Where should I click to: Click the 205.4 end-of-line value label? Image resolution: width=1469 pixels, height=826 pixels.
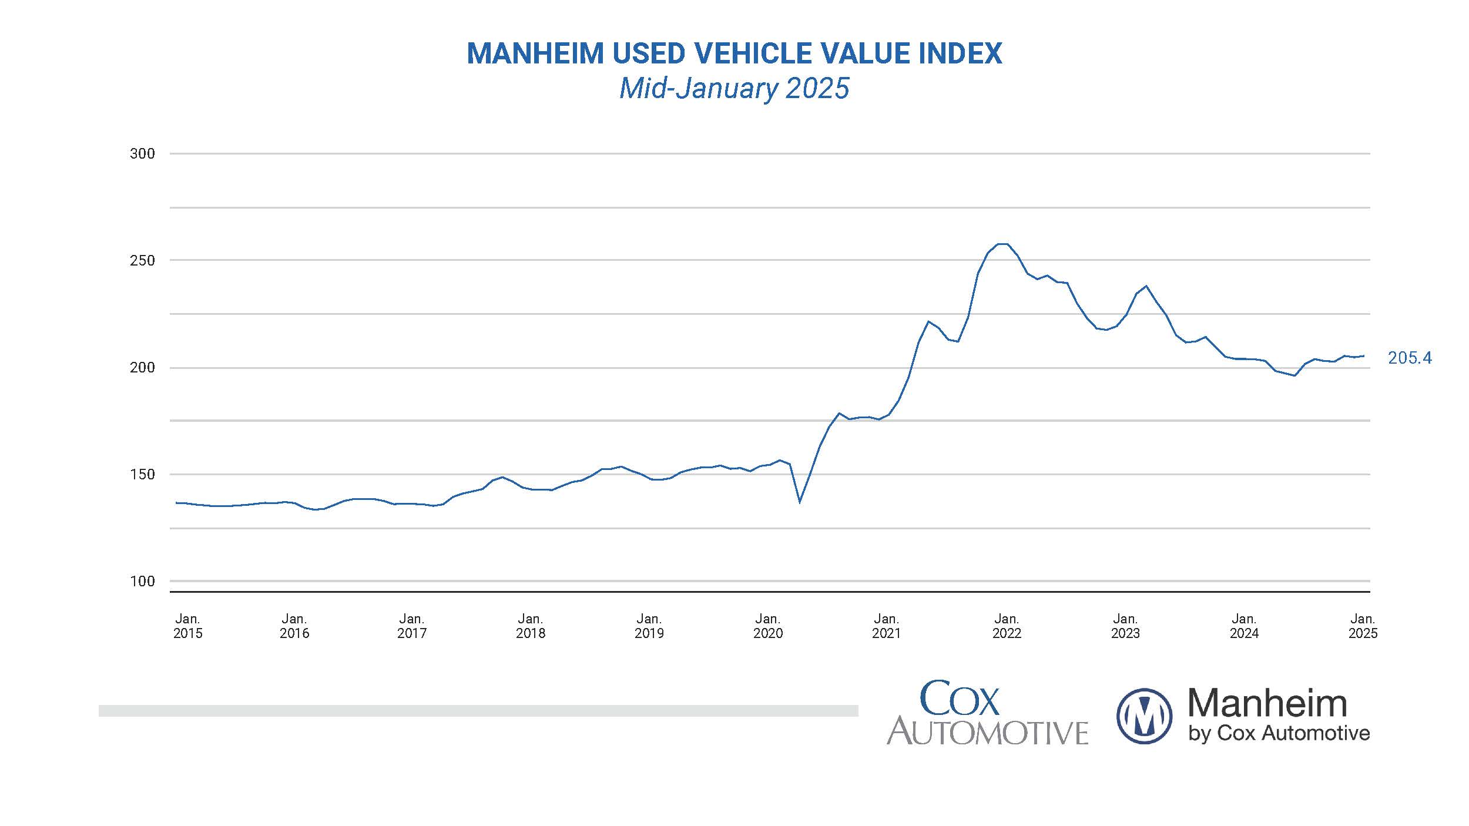(1409, 358)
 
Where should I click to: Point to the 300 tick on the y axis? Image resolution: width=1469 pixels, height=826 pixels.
(142, 154)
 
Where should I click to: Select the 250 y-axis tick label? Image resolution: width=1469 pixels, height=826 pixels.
(142, 260)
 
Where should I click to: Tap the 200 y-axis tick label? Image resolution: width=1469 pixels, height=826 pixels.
(142, 368)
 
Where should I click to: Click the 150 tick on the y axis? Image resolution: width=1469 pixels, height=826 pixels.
(142, 474)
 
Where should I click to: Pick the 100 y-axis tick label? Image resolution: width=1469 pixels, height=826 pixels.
(142, 581)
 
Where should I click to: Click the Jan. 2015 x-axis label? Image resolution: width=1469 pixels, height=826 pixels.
(187, 626)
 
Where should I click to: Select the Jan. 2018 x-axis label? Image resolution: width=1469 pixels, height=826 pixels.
(531, 626)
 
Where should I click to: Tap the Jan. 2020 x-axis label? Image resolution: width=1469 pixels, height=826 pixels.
(768, 626)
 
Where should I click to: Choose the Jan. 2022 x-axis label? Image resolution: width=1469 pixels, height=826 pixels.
(1007, 626)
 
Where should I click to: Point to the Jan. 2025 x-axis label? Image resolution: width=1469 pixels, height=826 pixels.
(1363, 626)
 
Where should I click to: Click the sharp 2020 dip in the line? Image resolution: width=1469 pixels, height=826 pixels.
(800, 502)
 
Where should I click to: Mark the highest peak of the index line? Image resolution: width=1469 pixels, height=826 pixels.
(1002, 244)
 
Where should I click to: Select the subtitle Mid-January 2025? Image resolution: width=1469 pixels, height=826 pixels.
(734, 89)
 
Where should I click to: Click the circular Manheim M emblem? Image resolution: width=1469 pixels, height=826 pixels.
(1143, 716)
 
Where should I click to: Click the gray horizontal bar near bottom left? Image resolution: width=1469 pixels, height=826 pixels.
(478, 711)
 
